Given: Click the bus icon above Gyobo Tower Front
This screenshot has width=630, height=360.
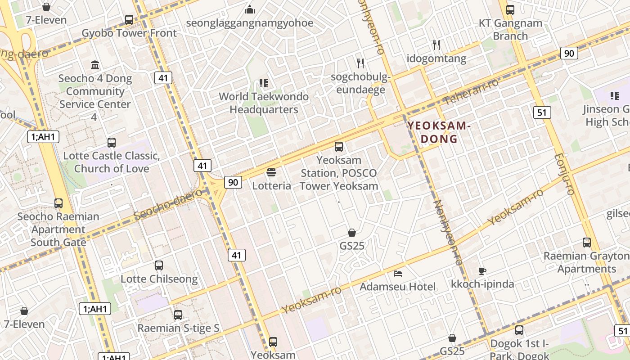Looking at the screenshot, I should tap(129, 19).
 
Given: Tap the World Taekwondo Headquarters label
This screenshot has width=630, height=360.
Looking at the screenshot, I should tap(264, 103).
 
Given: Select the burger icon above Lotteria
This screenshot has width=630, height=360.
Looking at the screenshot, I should tap(271, 172).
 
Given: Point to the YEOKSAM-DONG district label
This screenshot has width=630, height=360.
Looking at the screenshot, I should tap(439, 132).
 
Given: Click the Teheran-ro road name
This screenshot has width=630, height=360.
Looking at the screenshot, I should tap(471, 92).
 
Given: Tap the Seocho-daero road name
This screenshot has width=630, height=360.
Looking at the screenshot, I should tap(168, 204).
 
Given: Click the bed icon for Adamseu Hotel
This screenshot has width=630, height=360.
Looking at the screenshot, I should tap(398, 273).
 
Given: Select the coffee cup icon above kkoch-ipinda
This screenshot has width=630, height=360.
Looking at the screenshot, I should tap(482, 271).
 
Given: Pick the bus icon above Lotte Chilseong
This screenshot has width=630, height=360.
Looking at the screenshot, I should tap(159, 265).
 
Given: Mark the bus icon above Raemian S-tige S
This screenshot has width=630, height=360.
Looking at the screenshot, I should tap(178, 315).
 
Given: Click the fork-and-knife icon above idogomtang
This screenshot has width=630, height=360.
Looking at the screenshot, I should tap(436, 45).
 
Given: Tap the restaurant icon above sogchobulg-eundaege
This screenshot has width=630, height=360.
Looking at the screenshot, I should tap(360, 63).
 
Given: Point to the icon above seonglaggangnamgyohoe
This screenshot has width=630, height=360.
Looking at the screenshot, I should tap(250, 9).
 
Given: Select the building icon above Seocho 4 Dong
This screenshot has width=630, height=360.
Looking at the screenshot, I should tap(95, 65).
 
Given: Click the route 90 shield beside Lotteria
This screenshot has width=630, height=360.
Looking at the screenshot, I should tap(233, 182).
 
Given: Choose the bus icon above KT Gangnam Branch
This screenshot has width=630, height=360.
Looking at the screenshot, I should tap(510, 9).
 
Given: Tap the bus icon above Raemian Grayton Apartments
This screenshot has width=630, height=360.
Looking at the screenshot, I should tap(586, 243).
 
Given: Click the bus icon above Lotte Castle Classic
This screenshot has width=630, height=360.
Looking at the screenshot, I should tap(112, 143).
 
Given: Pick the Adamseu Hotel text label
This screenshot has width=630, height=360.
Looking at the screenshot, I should tap(397, 287).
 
